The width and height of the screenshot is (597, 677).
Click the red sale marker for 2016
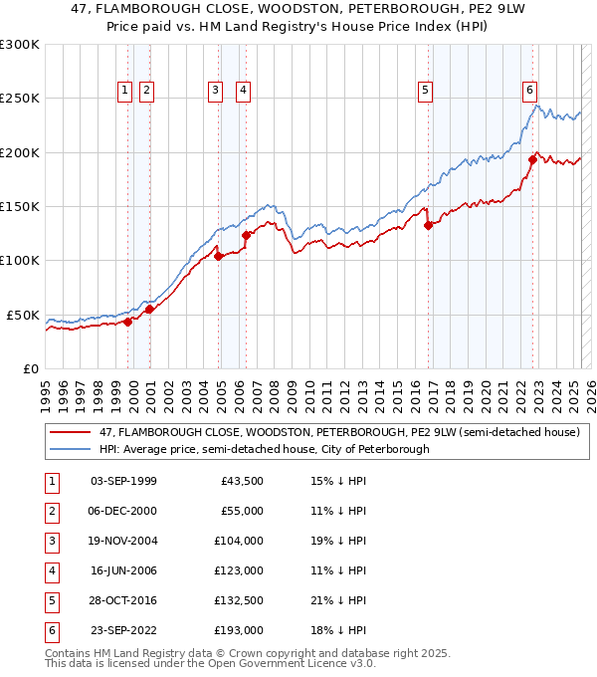pos(429,225)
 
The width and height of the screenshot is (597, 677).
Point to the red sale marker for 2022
pos(532,159)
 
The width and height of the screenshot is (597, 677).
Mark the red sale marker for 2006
pos(246,235)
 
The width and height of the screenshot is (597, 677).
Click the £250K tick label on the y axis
pos(19,99)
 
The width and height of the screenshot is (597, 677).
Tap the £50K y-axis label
pos(23,315)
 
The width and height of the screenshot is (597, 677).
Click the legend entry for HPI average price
pos(264,449)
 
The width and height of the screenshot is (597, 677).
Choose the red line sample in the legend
pos(70,432)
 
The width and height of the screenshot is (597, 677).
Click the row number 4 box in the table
pos(50,570)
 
